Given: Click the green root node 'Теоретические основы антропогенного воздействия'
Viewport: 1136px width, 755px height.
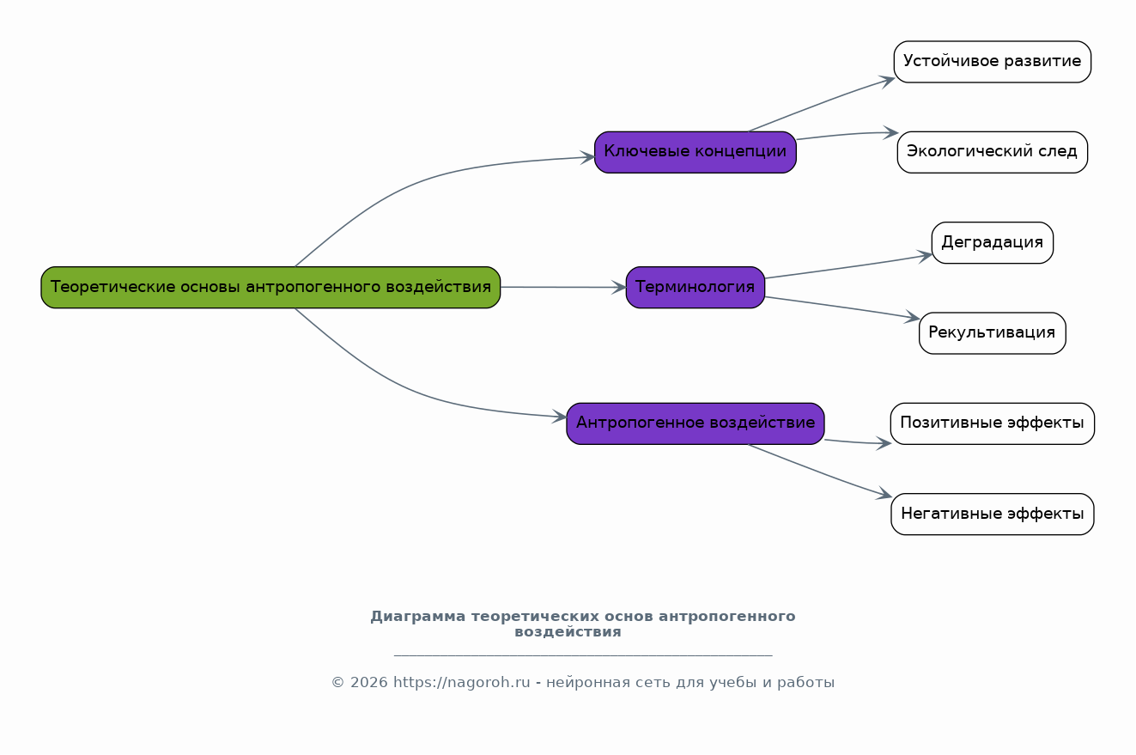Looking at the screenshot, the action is point(270,287).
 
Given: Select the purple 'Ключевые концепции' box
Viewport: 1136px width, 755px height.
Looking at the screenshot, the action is point(696,152).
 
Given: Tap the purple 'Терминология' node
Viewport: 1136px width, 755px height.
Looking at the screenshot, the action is point(696,287).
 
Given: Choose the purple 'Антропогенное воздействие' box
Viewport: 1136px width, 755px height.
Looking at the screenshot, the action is point(696,423).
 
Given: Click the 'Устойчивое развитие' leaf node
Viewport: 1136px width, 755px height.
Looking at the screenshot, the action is point(993,62).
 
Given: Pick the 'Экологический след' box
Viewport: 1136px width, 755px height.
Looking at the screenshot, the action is point(993,152).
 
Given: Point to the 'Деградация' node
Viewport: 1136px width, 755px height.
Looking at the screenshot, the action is point(993,242).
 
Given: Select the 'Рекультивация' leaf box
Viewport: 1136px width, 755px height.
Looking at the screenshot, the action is point(993,333).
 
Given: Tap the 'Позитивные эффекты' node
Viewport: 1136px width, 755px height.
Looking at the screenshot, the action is point(993,423).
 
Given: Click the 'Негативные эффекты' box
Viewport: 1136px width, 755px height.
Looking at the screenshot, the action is point(993,514).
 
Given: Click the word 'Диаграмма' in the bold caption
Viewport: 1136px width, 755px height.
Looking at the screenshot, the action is point(418,617).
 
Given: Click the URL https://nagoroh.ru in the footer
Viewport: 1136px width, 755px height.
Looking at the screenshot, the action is point(461,683).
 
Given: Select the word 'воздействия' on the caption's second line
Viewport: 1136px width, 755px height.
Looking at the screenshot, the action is point(568,632).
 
